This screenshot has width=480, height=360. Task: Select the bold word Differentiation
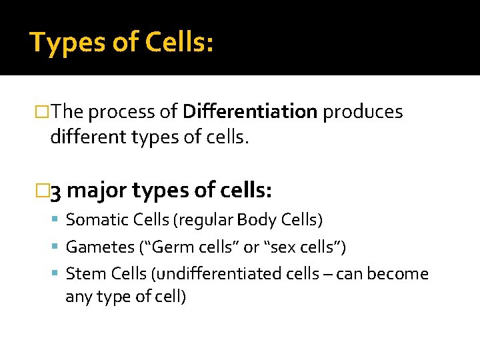tap(250, 112)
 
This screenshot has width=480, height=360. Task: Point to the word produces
tap(363, 112)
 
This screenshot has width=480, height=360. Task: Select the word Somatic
tap(94, 219)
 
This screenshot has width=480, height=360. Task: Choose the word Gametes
tap(100, 247)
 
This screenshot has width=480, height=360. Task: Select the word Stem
tap(83, 274)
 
